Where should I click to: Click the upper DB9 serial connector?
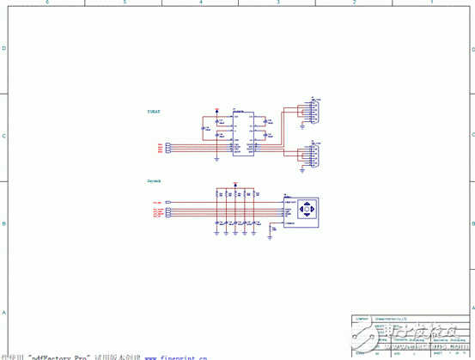314,110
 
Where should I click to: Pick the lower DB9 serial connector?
314,156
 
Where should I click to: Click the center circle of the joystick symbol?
311,211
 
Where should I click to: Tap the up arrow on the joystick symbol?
311,204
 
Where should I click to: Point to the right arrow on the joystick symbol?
318,211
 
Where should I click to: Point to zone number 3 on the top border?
277,3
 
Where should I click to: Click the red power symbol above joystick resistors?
234,184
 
